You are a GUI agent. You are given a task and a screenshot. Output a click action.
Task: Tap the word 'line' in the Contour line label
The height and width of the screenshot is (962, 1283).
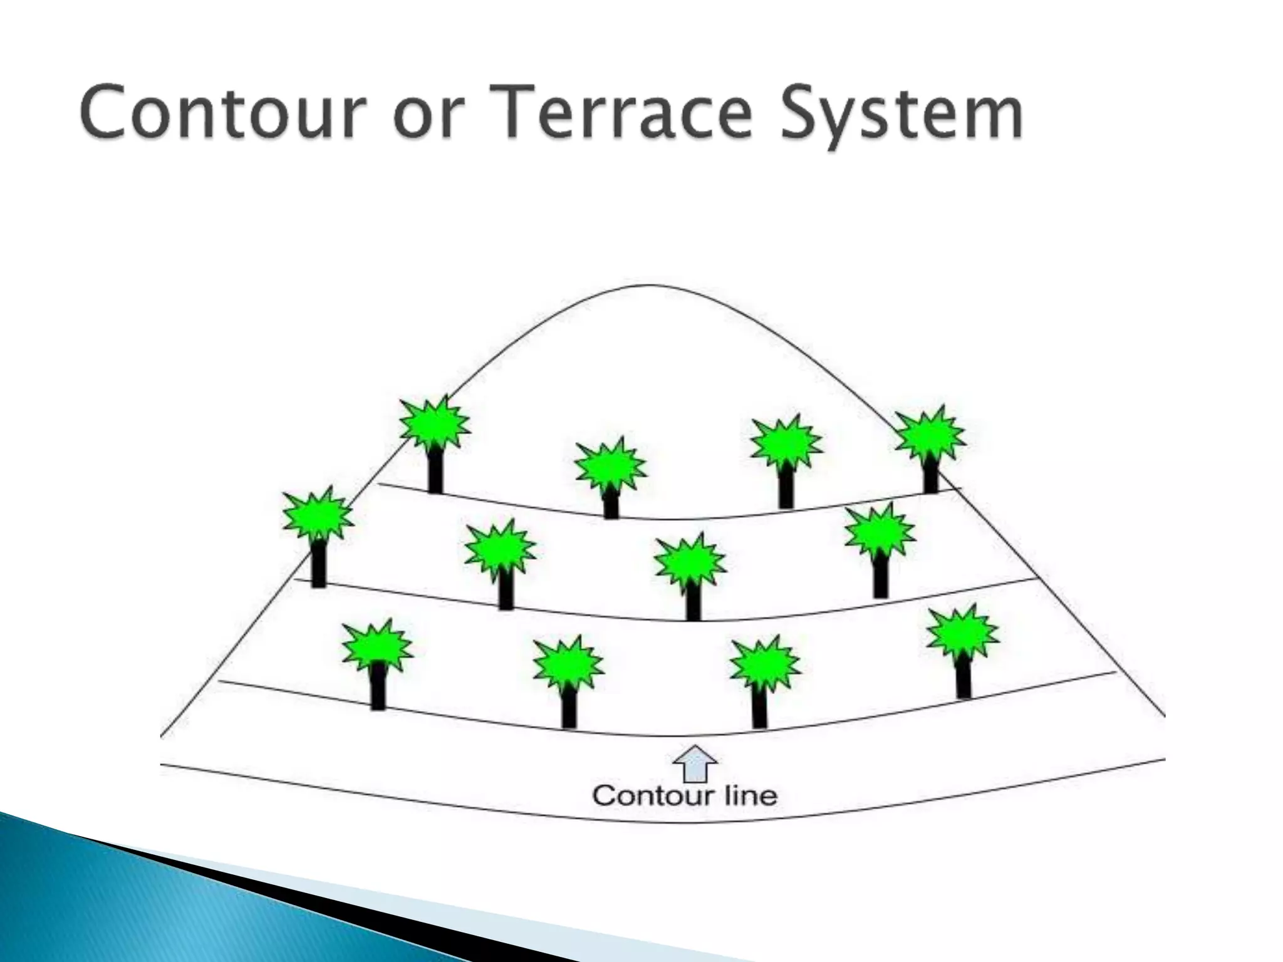(751, 796)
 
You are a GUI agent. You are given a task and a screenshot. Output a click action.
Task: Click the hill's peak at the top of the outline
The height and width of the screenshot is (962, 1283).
(648, 286)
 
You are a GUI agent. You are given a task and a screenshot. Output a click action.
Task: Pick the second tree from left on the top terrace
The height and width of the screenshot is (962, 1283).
(610, 476)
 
